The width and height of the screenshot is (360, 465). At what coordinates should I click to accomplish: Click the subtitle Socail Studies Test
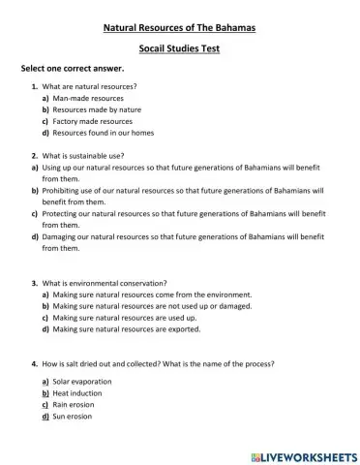(180, 48)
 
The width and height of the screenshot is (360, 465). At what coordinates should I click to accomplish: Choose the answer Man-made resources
(88, 99)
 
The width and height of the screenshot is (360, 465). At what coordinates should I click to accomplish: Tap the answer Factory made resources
(93, 122)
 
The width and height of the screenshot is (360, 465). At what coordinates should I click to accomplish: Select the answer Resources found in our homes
(104, 134)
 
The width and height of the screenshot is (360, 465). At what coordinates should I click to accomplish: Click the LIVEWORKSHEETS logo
(303, 454)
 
